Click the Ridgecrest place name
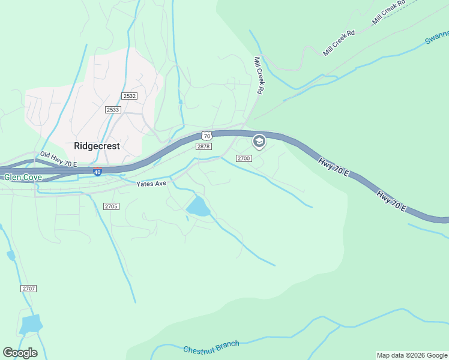(97, 146)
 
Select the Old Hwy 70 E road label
(59, 159)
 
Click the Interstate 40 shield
(98, 172)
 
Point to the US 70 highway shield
(206, 136)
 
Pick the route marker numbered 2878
(203, 146)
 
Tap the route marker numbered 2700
(243, 158)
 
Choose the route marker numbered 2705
(111, 206)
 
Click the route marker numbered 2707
(29, 289)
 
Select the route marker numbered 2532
(129, 96)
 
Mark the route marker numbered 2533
(112, 110)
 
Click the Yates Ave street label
(151, 184)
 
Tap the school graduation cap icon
(259, 142)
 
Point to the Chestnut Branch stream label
(211, 347)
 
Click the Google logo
(20, 353)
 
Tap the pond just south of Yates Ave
(198, 207)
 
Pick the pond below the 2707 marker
(30, 324)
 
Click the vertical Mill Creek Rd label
(259, 76)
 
